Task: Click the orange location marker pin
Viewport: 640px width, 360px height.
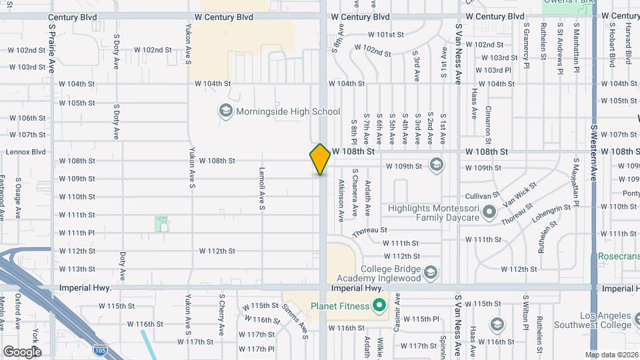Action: (x=320, y=159)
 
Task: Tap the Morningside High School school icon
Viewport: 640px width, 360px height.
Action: (x=225, y=111)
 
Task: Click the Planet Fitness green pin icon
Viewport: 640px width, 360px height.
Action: (x=379, y=306)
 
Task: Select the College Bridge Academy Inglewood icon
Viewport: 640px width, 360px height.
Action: (x=431, y=272)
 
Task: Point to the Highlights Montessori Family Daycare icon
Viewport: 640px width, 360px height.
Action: (x=490, y=213)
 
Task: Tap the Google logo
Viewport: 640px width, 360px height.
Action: (x=21, y=351)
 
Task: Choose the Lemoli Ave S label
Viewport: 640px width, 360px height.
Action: (x=262, y=189)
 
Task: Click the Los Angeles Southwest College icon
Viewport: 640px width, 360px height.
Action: (x=496, y=325)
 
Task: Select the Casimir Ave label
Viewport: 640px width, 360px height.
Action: (x=397, y=309)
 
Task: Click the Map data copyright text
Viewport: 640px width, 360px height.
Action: (x=611, y=354)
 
